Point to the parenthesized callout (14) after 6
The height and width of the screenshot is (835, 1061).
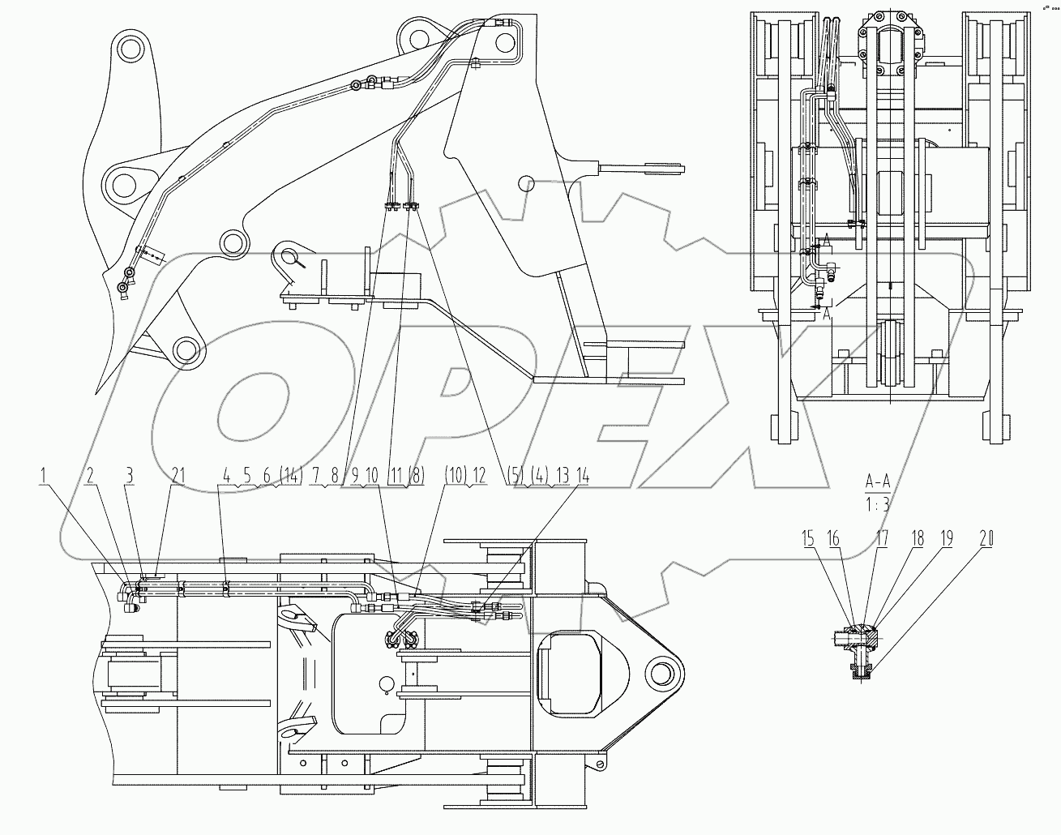289,477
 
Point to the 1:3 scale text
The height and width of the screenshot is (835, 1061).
878,503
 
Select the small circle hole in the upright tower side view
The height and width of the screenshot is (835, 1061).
525,182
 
